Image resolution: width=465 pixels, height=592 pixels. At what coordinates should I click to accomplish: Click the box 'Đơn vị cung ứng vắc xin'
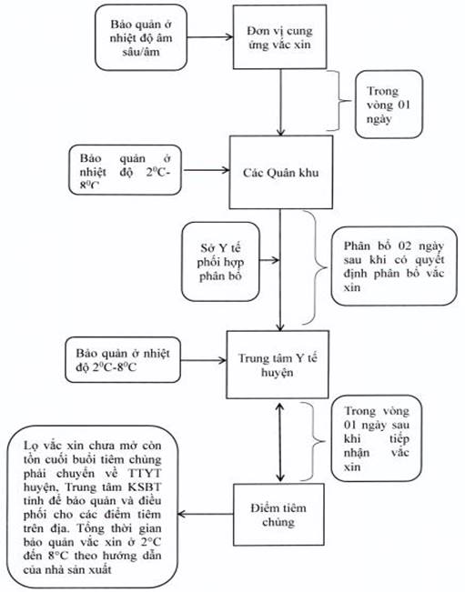[279, 36]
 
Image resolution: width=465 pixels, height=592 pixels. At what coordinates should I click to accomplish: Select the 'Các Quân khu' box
[281, 172]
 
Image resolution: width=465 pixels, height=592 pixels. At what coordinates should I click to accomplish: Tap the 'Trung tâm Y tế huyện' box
[278, 365]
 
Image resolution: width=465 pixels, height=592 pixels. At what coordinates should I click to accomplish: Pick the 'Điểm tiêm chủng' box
[278, 515]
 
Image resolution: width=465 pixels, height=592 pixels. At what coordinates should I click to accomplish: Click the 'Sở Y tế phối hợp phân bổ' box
[220, 262]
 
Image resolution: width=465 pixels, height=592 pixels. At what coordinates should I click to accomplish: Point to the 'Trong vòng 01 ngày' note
[389, 105]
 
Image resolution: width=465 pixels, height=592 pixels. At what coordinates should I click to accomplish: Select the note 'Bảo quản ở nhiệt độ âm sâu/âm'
[141, 37]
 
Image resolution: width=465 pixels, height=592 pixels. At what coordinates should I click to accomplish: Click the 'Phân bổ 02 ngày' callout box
[394, 266]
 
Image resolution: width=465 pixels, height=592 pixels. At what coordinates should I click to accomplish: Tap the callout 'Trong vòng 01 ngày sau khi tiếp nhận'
[376, 438]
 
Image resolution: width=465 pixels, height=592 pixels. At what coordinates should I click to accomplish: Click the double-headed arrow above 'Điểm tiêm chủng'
[279, 442]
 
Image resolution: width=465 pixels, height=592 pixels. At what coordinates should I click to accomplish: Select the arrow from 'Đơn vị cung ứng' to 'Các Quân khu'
[280, 103]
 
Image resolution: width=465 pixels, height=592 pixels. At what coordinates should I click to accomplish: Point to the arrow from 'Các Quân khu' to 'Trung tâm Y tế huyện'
[280, 270]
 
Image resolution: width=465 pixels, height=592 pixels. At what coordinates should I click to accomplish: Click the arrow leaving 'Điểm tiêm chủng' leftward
[205, 514]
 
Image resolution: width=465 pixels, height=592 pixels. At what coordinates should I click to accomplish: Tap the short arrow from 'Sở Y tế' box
[269, 260]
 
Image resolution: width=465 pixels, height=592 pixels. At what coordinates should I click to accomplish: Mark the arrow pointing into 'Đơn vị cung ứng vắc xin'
[210, 37]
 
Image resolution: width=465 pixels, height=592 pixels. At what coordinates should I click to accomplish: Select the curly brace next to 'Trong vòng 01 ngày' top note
[339, 101]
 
